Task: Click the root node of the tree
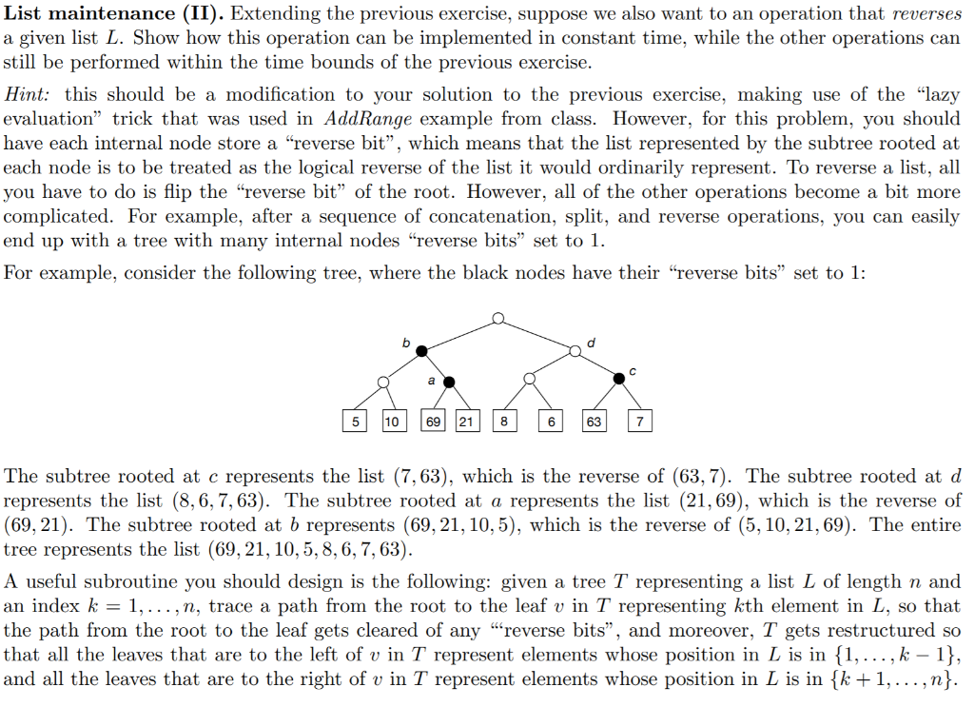[497, 319]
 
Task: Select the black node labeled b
[421, 351]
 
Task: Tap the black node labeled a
[450, 383]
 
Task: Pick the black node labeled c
[619, 378]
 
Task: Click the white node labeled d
[575, 351]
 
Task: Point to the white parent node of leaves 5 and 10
[383, 383]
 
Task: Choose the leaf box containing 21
[467, 421]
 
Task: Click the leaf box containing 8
[504, 421]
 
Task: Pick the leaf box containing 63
[594, 421]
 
